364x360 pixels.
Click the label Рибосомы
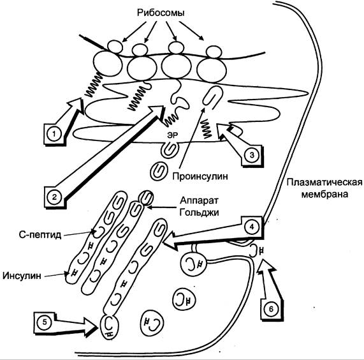pyautogui.click(x=161, y=13)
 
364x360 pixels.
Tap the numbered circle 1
pyautogui.click(x=54, y=134)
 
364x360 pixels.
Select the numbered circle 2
pyautogui.click(x=54, y=197)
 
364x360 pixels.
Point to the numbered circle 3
pyautogui.click(x=252, y=155)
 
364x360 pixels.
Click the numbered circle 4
pyautogui.click(x=252, y=227)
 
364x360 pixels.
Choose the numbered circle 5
pyautogui.click(x=45, y=322)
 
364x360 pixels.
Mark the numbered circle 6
pyautogui.click(x=271, y=309)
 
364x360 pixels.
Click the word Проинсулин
pyautogui.click(x=200, y=176)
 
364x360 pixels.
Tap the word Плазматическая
pyautogui.click(x=324, y=182)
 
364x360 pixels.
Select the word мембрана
pyautogui.click(x=324, y=194)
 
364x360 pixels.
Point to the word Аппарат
pyautogui.click(x=200, y=201)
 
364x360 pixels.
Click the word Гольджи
pyautogui.click(x=200, y=213)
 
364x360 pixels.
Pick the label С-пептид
pyautogui.click(x=40, y=235)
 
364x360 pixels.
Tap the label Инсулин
pyautogui.click(x=22, y=276)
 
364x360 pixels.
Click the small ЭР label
pyautogui.click(x=173, y=135)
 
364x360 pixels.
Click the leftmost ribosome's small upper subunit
pyautogui.click(x=115, y=47)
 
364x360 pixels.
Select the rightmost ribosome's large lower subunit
pyautogui.click(x=212, y=70)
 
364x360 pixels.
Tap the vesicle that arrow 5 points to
pyautogui.click(x=110, y=327)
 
